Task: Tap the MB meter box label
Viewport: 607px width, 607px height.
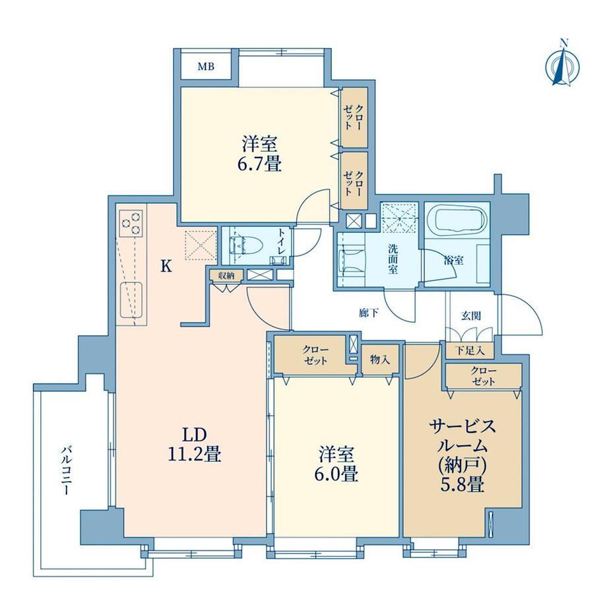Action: pos(206,67)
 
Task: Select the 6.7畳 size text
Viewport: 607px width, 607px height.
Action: pos(259,164)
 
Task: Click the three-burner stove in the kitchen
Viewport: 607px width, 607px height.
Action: pos(131,224)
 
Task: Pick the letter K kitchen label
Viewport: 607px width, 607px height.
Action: pos(166,266)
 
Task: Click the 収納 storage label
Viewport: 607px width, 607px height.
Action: pos(226,275)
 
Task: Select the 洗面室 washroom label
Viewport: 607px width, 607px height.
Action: pos(393,259)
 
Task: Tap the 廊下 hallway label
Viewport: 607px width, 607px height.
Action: pos(368,313)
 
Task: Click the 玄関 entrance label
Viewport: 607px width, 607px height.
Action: pos(470,316)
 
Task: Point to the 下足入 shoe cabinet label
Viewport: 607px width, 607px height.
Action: pos(470,351)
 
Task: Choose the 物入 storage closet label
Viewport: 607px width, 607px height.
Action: pos(379,360)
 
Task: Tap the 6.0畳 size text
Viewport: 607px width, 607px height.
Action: pos(336,474)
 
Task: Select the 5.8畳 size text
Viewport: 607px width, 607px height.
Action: pos(463,484)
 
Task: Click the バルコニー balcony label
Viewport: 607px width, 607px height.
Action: pos(66,470)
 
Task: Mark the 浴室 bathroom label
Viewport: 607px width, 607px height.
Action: pos(454,260)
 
